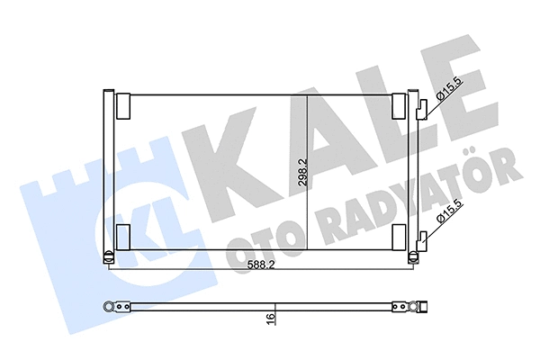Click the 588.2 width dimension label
(261, 265)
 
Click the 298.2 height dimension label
(302, 172)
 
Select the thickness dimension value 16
(270, 318)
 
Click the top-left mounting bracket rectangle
(123, 106)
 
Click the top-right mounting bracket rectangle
(399, 106)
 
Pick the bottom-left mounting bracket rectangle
(123, 237)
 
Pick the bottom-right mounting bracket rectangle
(399, 237)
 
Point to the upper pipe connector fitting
(421, 110)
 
